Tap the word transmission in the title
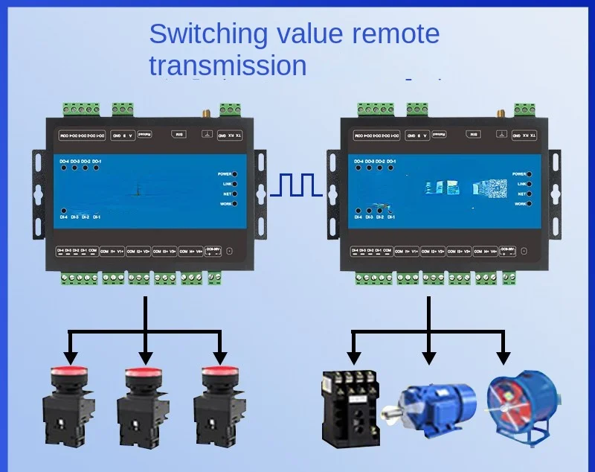(228, 66)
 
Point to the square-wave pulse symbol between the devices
(297, 185)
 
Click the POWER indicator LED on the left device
(236, 173)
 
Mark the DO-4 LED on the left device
(65, 168)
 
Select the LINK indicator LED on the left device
(236, 183)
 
